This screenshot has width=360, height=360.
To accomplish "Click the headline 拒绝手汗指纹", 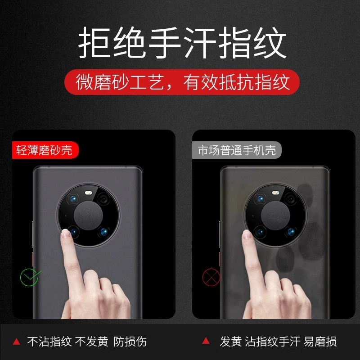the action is point(182,42).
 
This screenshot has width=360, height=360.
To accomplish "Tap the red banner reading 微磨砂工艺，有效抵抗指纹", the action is point(182,82).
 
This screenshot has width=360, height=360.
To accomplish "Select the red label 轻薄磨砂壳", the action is point(45,150).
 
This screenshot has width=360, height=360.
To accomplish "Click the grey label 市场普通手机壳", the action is point(237,150).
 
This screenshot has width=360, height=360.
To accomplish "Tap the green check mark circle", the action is point(29,277).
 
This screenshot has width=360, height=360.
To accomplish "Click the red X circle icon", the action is point(211,277).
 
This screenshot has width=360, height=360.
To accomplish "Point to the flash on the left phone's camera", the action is point(88,193).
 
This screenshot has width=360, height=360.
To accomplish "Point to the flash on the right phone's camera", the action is point(275,193).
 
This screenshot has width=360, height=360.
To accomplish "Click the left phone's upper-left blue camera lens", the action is point(73,199).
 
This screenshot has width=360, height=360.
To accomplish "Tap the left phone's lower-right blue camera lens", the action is point(103,232).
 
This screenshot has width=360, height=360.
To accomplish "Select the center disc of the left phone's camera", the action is point(88,216).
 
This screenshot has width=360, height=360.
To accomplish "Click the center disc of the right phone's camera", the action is point(275,216).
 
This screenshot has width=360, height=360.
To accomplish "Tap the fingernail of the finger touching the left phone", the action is point(66,234).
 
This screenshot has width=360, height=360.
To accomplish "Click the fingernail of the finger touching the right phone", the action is point(247,234).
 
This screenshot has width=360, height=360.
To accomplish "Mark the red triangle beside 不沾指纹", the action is point(16,342).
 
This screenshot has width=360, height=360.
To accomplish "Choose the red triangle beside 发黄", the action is point(206,341).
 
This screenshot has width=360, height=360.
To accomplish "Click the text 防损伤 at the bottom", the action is point(130,342).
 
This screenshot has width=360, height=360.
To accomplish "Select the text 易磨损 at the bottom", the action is point(320,342).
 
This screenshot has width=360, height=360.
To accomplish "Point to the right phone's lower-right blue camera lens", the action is point(291,232).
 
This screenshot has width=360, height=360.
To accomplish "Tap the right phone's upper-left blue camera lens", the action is point(261,199).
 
